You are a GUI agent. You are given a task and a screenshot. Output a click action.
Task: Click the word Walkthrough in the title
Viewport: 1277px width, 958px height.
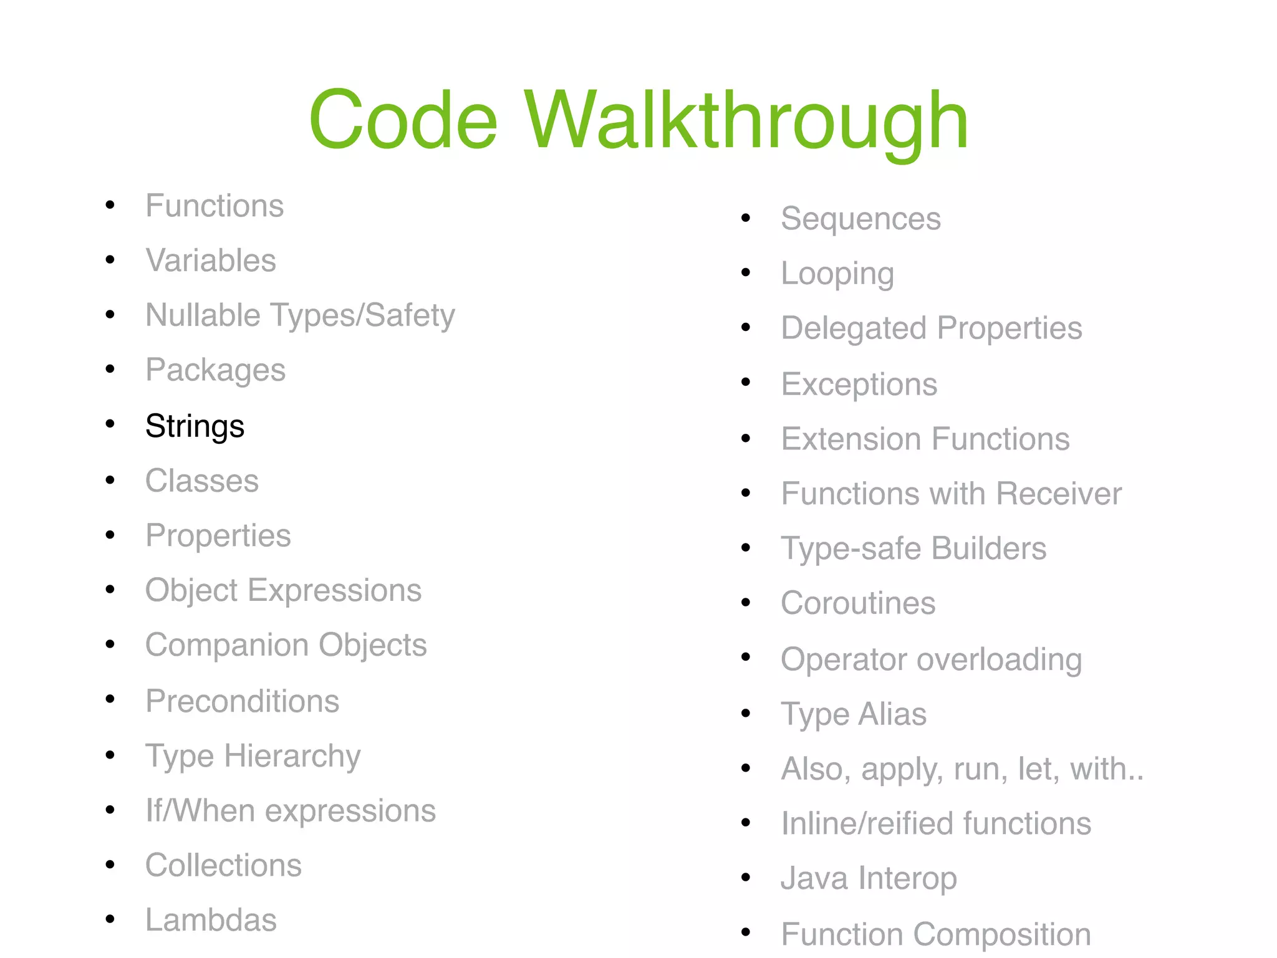click(x=746, y=120)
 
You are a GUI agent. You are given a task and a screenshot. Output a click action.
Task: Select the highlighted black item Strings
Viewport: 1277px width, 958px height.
click(x=195, y=426)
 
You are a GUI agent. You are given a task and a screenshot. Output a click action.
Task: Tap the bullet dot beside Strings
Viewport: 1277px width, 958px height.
click(x=110, y=424)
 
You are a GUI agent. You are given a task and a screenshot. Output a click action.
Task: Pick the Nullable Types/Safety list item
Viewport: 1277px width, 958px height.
click(x=300, y=315)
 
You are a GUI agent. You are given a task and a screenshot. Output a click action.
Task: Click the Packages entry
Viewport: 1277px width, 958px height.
click(x=215, y=370)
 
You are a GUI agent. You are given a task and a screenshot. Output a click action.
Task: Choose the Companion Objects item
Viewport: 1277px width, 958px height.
click(x=286, y=645)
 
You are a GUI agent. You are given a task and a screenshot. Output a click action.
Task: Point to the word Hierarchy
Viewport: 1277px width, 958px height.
click(x=292, y=756)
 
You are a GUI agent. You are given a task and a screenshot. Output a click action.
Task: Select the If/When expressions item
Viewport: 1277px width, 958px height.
click(x=290, y=811)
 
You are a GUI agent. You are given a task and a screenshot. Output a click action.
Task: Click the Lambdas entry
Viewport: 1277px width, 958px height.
click(x=211, y=920)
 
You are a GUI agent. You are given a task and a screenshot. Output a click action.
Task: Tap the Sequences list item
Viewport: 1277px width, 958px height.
click(x=860, y=219)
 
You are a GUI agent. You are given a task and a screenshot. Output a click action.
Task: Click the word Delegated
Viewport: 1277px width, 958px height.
click(x=853, y=328)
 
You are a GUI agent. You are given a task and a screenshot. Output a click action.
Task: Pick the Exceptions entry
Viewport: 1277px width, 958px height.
click(x=859, y=384)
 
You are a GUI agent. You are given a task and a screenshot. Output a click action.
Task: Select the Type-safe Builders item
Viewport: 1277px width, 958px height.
click(x=913, y=548)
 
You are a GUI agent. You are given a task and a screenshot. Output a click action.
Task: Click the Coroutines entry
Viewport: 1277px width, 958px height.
click(x=858, y=603)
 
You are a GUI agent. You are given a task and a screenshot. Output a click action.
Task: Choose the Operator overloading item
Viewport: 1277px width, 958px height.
click(x=931, y=659)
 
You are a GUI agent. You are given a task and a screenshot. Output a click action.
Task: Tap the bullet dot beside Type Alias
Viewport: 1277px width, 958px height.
click(x=746, y=713)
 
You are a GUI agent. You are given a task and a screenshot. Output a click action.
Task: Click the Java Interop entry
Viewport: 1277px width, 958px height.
click(x=868, y=878)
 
